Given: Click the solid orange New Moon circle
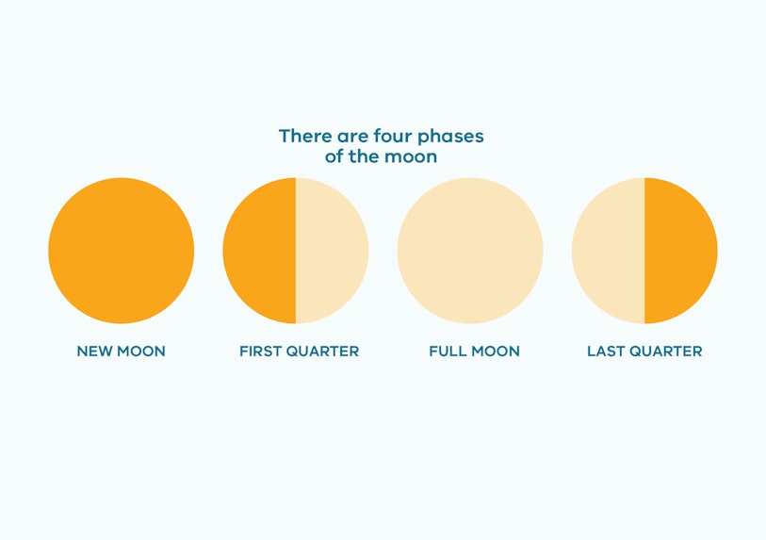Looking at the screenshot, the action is (x=122, y=250).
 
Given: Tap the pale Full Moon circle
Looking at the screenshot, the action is (x=470, y=250).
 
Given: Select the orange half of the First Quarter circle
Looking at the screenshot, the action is (x=259, y=250).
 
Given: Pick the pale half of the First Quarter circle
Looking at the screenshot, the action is (x=333, y=250).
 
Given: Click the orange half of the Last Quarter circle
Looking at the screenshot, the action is (x=681, y=250).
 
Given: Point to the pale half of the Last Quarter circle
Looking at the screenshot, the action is (x=609, y=250).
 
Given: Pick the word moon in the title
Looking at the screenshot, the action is (x=411, y=157).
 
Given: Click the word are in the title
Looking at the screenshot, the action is (x=352, y=138).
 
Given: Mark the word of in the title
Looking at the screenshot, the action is (x=334, y=156).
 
